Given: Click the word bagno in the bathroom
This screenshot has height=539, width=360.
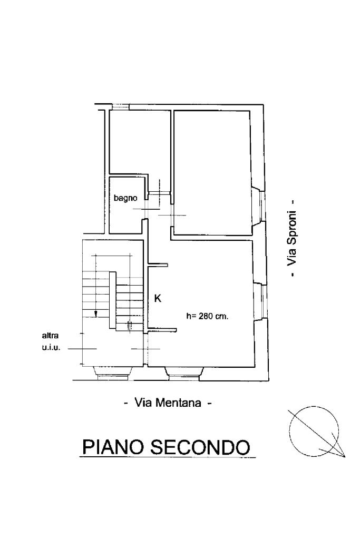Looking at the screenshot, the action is (x=125, y=198).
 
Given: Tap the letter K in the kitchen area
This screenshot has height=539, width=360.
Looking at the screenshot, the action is (x=158, y=298).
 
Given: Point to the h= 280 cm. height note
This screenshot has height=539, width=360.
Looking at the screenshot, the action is (x=207, y=316).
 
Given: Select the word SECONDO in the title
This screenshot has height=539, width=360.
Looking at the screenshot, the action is (x=200, y=446).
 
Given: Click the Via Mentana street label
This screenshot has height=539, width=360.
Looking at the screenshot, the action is (x=168, y=403).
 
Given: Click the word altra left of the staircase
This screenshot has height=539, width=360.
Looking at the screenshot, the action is (x=50, y=336).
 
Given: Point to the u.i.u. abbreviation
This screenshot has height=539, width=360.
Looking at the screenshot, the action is (x=51, y=348).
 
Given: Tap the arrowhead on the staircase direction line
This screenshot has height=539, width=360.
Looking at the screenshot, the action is (x=96, y=313).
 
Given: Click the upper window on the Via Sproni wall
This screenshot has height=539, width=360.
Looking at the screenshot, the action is (x=262, y=205).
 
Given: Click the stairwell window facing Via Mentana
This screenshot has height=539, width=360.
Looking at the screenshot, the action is (x=113, y=374).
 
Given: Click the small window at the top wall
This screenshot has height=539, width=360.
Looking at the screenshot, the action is (x=120, y=107).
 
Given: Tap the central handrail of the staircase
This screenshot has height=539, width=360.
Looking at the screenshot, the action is (x=112, y=300).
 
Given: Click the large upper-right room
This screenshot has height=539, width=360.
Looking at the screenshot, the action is (x=211, y=173).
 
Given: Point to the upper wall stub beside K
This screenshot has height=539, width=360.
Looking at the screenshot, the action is (x=158, y=265).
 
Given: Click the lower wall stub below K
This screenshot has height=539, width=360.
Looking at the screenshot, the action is (x=162, y=330).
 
